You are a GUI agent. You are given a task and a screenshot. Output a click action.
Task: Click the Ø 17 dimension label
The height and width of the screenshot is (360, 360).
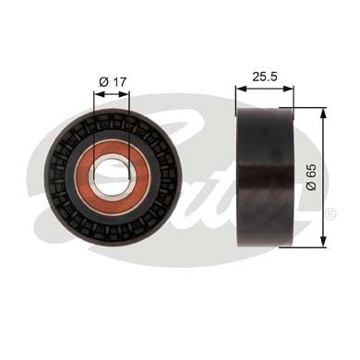click(111, 82)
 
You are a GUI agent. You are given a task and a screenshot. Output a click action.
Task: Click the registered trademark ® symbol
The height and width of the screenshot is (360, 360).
click(330, 213)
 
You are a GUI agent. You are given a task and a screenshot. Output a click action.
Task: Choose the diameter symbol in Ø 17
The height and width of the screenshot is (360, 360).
click(102, 82)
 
